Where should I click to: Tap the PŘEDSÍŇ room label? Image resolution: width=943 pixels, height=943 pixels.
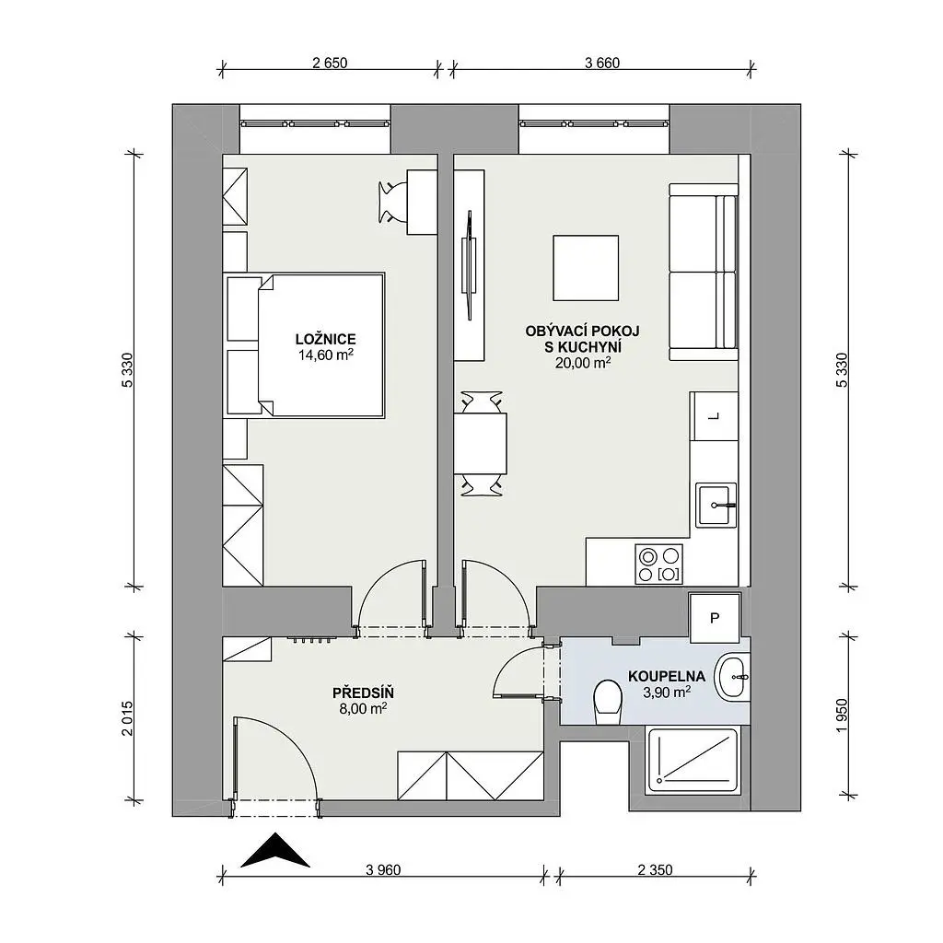pyautogui.click(x=363, y=693)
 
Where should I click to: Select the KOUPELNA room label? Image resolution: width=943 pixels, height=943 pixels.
pyautogui.click(x=667, y=677)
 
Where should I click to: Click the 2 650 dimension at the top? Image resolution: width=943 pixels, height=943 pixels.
pyautogui.click(x=330, y=63)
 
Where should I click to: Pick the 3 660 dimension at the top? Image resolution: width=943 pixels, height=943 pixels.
pyautogui.click(x=602, y=63)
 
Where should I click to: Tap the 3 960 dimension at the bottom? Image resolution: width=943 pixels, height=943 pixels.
pyautogui.click(x=383, y=869)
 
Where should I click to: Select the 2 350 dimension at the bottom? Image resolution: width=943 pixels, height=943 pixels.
pyautogui.click(x=655, y=869)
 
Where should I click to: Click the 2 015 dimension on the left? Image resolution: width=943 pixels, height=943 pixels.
pyautogui.click(x=127, y=718)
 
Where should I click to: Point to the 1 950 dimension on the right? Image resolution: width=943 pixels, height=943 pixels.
pyautogui.click(x=842, y=716)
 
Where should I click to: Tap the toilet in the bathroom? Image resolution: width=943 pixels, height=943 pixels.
pyautogui.click(x=608, y=702)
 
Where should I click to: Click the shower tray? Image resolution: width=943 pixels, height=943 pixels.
pyautogui.click(x=693, y=760)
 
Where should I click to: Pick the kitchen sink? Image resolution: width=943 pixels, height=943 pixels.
pyautogui.click(x=716, y=506)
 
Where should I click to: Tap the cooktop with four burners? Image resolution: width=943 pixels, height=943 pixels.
pyautogui.click(x=659, y=565)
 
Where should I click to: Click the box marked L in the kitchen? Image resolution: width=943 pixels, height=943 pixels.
pyautogui.click(x=714, y=416)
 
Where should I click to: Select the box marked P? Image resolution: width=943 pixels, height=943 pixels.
pyautogui.click(x=715, y=618)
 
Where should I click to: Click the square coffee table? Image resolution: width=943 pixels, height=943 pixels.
pyautogui.click(x=586, y=268)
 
